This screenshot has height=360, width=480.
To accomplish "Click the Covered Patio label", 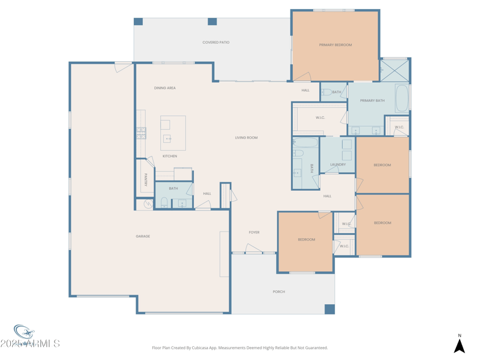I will click(x=215, y=43).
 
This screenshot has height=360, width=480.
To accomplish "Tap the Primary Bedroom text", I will click(x=335, y=45).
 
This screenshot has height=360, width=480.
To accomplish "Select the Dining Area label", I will click(x=164, y=88).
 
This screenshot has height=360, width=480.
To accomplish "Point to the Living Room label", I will click(x=246, y=138).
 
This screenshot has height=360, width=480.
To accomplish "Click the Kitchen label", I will click(x=170, y=156).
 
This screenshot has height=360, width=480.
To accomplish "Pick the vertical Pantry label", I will click(x=146, y=179).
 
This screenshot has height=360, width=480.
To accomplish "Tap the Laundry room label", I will click(x=338, y=164).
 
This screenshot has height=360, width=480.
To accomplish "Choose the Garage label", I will click(x=143, y=236).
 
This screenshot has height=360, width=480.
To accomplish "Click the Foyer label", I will click(x=254, y=232).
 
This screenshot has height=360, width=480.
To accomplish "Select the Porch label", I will click(x=279, y=292).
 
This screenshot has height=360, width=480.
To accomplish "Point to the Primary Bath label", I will click(x=372, y=101).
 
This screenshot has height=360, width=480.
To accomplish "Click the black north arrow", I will click(x=459, y=346).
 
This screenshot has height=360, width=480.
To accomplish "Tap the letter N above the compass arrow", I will click(x=460, y=336).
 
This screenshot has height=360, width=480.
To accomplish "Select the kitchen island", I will click(x=173, y=133).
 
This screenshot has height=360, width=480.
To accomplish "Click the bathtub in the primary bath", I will click(x=402, y=99).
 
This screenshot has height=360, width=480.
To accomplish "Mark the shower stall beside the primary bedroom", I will click(x=395, y=70).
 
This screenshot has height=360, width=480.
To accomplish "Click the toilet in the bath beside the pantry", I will click(x=164, y=202).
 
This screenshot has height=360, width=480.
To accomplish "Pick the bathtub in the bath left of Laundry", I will click(x=306, y=143).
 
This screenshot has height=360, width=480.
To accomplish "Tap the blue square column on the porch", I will click(x=329, y=309).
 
